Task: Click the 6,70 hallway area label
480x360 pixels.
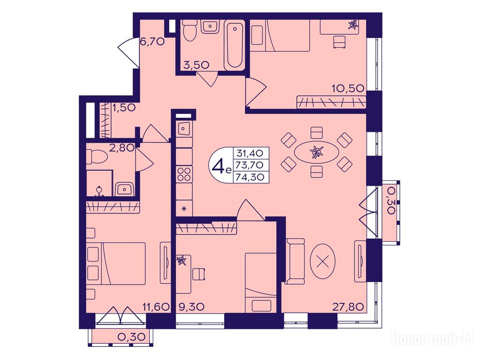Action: (152, 41)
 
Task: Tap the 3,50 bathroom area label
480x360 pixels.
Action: (196, 65)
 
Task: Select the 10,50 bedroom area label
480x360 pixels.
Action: (348, 89)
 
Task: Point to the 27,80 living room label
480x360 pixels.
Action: (348, 306)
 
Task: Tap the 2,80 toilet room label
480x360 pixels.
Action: (122, 148)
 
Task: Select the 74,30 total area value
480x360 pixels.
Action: (250, 177)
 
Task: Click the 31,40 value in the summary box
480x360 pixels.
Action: (250, 153)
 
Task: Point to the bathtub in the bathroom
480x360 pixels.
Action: (234, 45)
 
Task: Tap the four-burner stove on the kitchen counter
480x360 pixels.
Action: (184, 174)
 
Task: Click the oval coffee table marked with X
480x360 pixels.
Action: (322, 261)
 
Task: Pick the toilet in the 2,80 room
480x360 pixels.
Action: (97, 157)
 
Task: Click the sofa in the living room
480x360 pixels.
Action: (295, 261)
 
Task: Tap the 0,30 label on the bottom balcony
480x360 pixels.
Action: (131, 337)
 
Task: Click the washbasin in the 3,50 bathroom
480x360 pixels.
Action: (210, 27)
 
